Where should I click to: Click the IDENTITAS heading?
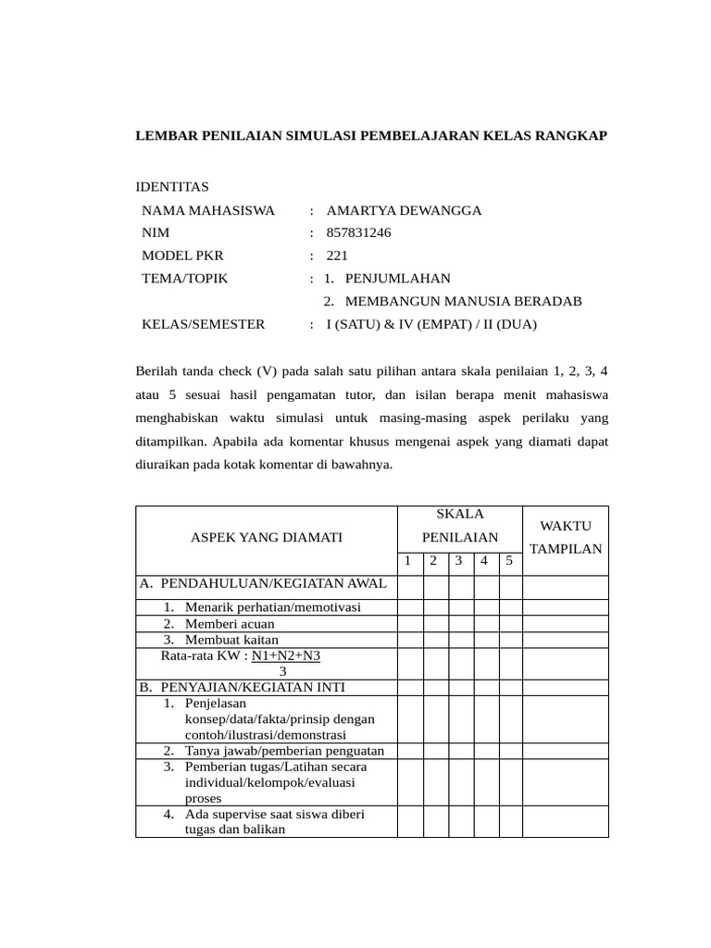click(x=172, y=187)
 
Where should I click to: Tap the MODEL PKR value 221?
click(x=337, y=256)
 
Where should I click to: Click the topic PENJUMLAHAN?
click(x=397, y=278)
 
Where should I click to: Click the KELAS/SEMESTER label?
click(x=203, y=324)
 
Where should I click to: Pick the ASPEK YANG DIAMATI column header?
click(x=267, y=537)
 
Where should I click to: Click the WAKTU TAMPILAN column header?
click(x=565, y=537)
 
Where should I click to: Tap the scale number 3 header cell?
click(x=458, y=561)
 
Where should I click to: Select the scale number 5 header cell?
click(x=509, y=561)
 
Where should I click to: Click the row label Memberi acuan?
click(x=227, y=623)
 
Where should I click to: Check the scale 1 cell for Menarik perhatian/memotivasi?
click(x=407, y=607)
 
